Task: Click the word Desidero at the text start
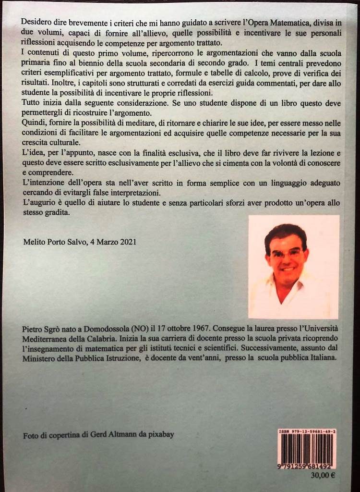(x=36, y=22)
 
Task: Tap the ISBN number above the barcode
(x=307, y=432)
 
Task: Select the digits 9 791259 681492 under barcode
(x=307, y=467)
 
